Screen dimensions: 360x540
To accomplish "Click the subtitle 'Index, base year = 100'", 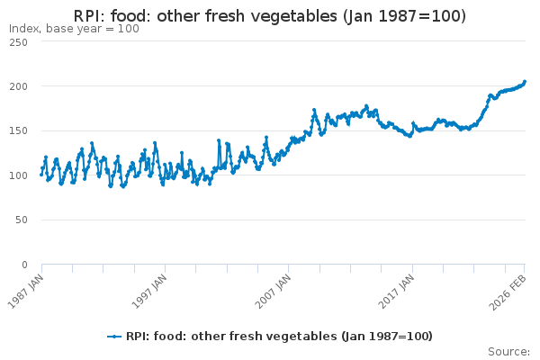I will (x=74, y=29).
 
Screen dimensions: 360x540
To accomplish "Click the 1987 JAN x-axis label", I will (x=26, y=291).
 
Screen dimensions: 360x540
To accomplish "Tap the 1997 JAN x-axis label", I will (x=149, y=291).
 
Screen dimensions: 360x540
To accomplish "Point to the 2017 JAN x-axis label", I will (x=397, y=291).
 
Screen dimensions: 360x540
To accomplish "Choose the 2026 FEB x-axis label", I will (x=509, y=291).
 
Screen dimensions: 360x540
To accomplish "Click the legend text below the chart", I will (x=279, y=337).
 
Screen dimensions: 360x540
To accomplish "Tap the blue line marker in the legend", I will (x=114, y=337).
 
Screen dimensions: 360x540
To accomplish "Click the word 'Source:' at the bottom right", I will (x=508, y=351).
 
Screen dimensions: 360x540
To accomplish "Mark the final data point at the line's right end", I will (x=525, y=82).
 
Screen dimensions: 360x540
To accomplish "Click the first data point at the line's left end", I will (x=41, y=175).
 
